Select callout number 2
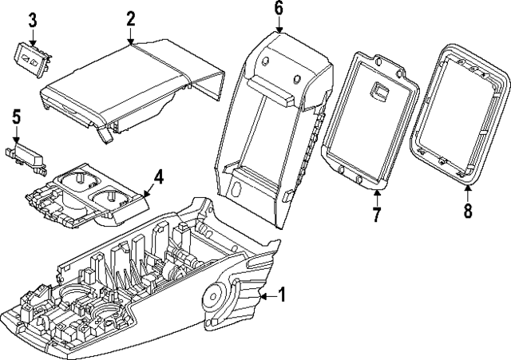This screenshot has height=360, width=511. click(x=130, y=18)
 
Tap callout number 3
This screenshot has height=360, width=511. click(x=32, y=18)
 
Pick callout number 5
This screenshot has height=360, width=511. click(x=16, y=117)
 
